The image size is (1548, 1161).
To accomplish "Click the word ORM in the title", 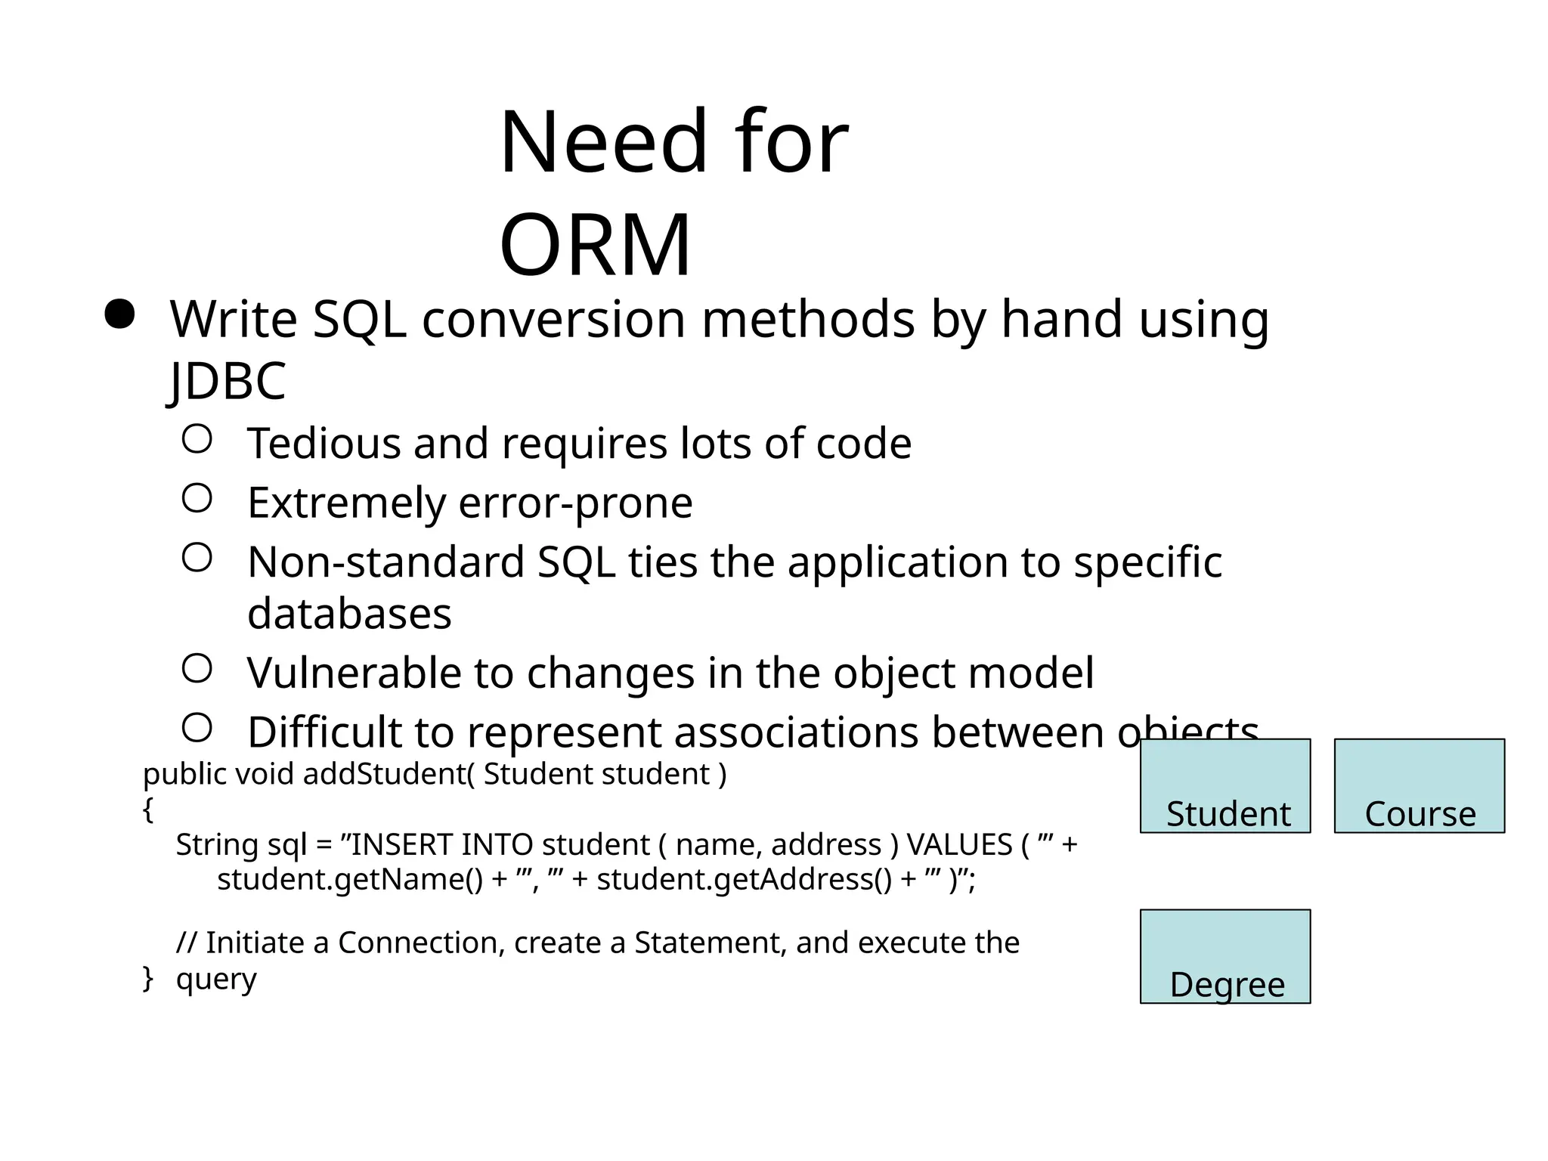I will (x=595, y=246).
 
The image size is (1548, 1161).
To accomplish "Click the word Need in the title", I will (x=602, y=142).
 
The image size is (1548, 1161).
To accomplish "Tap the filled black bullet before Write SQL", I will (x=119, y=314).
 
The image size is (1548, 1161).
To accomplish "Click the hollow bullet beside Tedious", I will (x=197, y=438).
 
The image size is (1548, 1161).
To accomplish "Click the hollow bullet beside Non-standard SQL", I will (x=197, y=558).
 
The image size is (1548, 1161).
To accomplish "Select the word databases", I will (x=349, y=613).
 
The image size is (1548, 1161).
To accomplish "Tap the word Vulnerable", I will (x=354, y=672).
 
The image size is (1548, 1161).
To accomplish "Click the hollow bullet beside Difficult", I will (x=197, y=728).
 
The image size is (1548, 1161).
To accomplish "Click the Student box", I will (x=1224, y=786).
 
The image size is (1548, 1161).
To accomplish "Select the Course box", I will (x=1419, y=786).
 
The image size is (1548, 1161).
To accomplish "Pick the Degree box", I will (x=1224, y=956).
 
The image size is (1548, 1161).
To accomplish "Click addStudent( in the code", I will (x=389, y=774).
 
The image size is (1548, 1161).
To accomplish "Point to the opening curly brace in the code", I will (x=148, y=810).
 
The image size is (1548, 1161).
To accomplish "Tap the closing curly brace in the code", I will (x=148, y=979).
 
